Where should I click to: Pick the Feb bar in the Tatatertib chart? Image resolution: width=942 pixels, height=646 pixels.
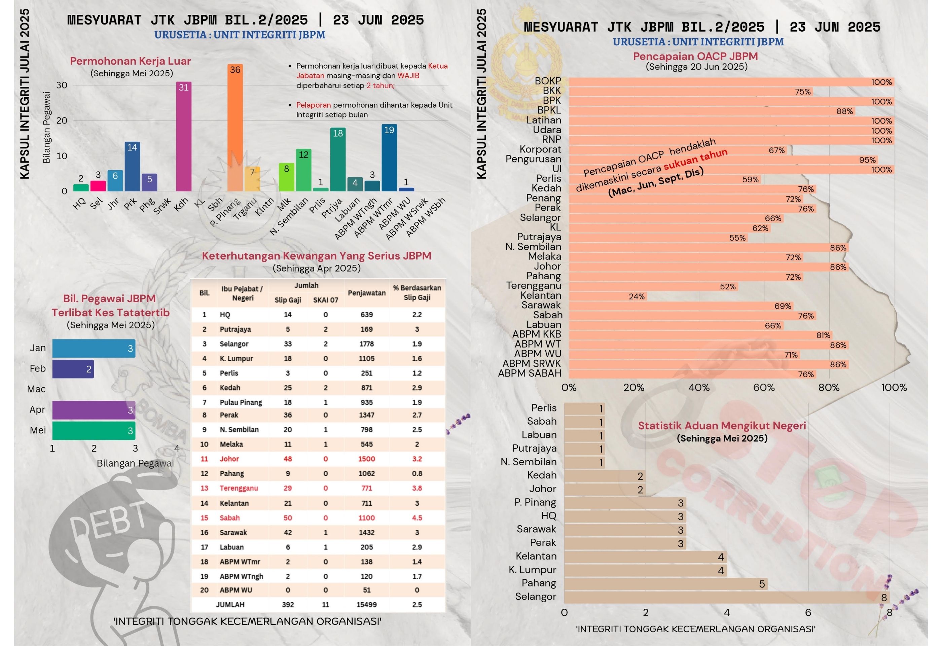pos(73,369)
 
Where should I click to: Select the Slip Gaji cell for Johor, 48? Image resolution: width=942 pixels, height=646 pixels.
pos(288,459)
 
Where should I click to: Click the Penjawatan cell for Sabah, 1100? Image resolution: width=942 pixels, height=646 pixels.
pos(366,517)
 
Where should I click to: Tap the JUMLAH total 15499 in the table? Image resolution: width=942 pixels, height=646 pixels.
pos(366,604)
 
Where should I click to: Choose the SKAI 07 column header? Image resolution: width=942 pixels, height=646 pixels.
pos(325,300)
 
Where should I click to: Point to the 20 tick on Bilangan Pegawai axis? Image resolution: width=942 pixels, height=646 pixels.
pos(62,120)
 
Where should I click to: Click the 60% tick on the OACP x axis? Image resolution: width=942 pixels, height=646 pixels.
pos(764,388)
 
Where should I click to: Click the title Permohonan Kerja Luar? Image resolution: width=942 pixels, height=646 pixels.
pos(130,61)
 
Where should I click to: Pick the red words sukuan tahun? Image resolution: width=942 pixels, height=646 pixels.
pos(695,159)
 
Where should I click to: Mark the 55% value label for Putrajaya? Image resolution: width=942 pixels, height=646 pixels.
pos(737,238)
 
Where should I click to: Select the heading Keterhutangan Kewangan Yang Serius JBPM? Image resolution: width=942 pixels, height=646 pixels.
pos(316,256)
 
